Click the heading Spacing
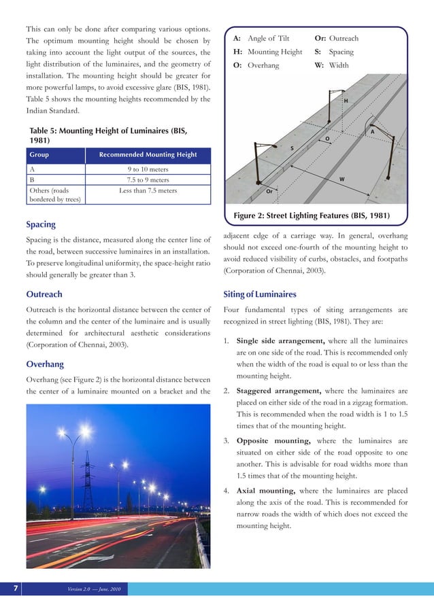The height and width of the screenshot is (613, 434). point(41,224)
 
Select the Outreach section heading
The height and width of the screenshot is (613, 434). point(44,294)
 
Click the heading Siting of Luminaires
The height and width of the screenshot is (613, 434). point(260,294)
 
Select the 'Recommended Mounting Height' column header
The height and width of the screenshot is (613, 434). point(148,154)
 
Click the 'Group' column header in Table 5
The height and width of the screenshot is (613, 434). point(39,154)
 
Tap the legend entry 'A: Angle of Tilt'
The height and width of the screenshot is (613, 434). point(261,39)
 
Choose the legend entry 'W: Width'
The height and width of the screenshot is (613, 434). point(331,66)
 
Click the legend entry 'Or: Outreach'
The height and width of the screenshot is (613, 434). point(336,39)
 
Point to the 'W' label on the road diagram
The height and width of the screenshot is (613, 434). point(341,179)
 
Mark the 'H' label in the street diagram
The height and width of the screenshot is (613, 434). point(346,101)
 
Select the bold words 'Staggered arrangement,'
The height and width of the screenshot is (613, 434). point(279,391)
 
